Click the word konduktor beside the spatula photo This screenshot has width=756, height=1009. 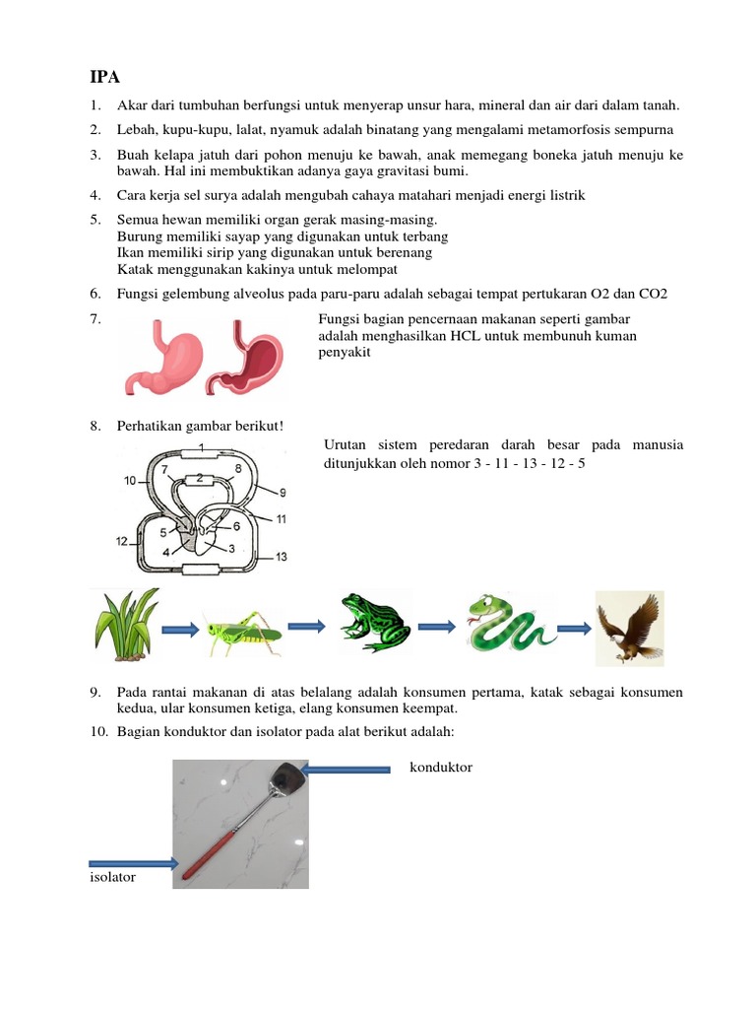tap(440, 767)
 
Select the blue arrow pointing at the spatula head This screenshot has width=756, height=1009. tap(349, 768)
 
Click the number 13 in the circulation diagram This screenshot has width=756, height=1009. tap(281, 558)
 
